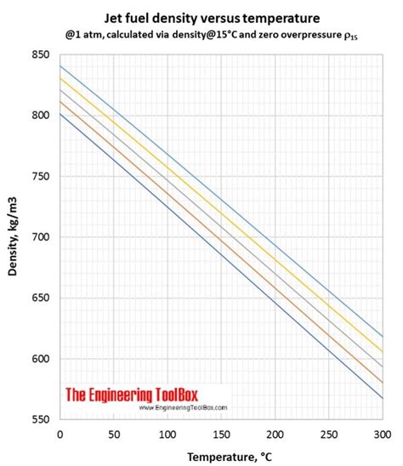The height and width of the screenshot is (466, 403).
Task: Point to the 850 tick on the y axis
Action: coord(41,55)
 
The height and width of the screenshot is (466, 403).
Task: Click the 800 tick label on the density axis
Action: coord(41,116)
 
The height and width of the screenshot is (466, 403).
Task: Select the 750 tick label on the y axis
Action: coord(41,177)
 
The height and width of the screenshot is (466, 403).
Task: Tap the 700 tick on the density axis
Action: coord(41,237)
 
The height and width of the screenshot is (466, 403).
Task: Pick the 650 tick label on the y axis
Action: coord(41,298)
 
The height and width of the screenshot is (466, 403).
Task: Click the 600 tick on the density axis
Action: coord(41,359)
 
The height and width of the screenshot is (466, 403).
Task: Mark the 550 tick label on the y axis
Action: coord(41,419)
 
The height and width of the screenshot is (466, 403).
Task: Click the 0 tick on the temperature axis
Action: coord(60,434)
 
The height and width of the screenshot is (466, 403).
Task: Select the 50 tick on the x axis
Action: coord(113,434)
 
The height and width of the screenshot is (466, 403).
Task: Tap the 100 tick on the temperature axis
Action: coord(167,434)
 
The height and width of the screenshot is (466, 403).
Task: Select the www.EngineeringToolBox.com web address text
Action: coord(179,407)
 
